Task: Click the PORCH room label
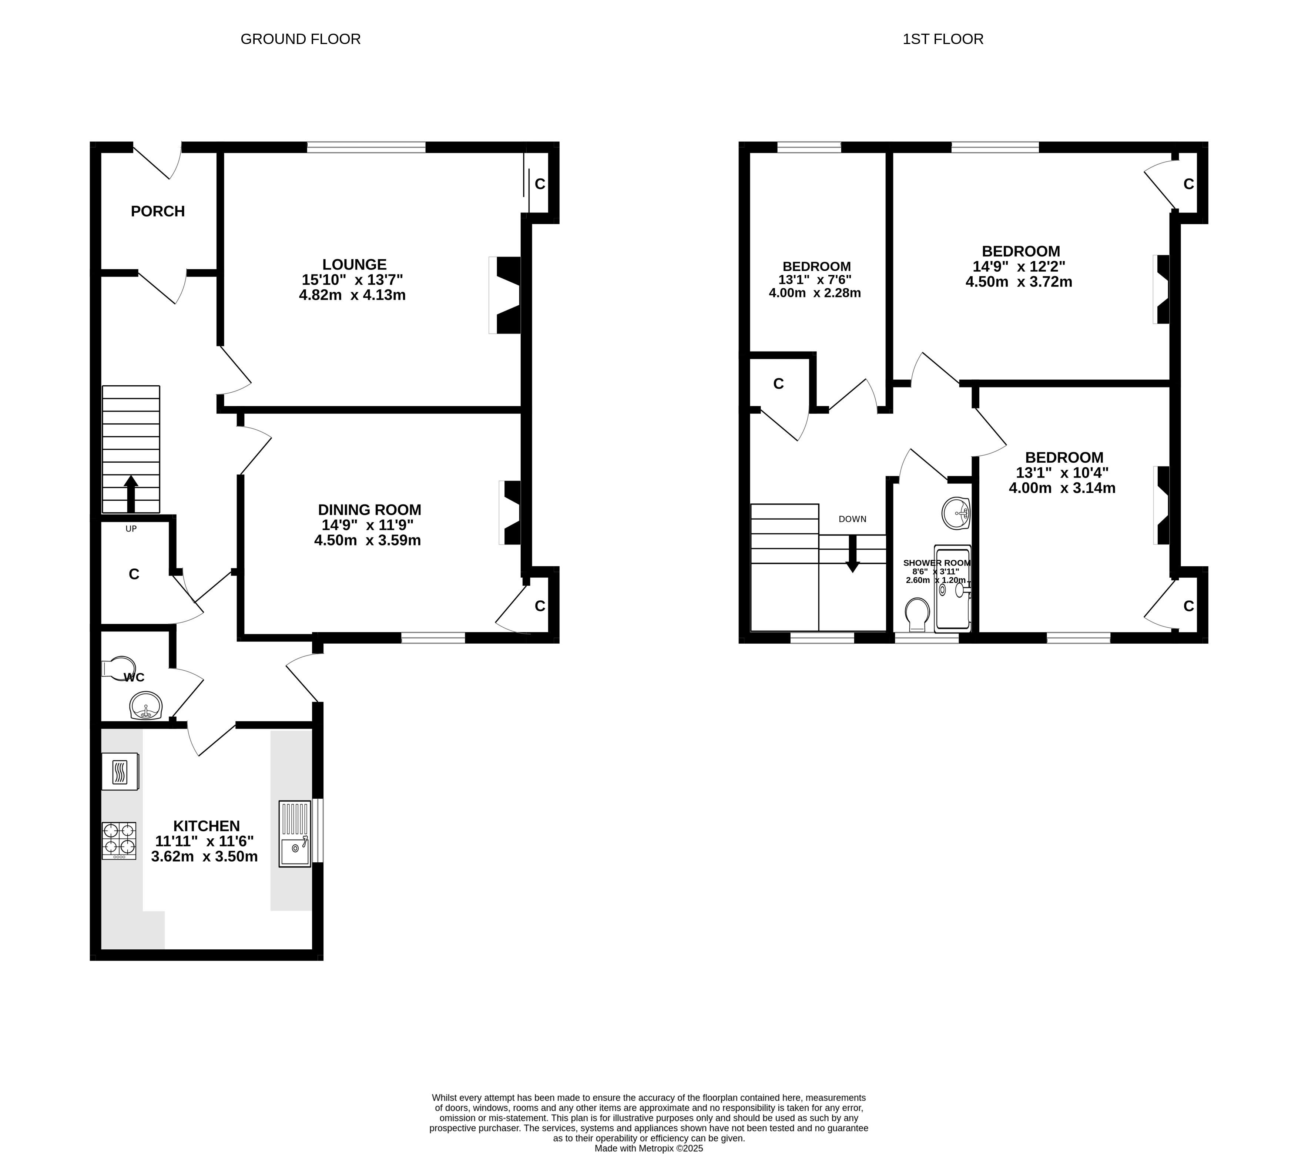158,211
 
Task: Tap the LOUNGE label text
354,264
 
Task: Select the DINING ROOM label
370,509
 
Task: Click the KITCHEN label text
207,826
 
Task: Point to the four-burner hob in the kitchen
119,841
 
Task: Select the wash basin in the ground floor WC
146,705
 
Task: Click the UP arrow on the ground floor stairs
131,493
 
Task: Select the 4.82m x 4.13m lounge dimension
352,295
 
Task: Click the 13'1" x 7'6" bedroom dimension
815,279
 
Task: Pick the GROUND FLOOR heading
301,39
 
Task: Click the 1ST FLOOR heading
943,39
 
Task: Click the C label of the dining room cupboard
540,606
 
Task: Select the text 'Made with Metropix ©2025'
648,1148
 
